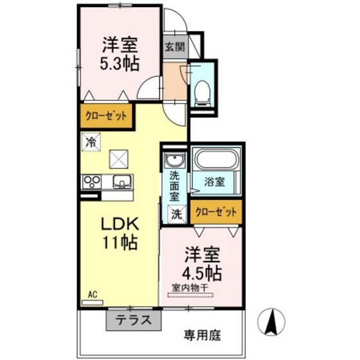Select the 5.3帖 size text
120,64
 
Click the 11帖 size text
120,244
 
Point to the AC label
92,294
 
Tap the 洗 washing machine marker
174,212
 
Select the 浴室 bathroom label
215,182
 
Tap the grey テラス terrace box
133,319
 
